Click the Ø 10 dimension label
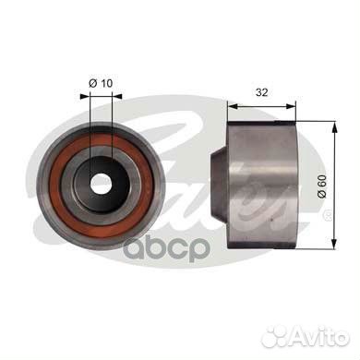pos(101,83)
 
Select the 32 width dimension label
pos(262,92)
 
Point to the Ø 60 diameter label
pos(321,186)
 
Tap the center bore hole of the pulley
pos(101,184)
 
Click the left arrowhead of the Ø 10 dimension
pos(85,96)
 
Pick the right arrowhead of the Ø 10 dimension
pos(117,96)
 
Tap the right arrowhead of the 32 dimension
pos(290,106)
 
